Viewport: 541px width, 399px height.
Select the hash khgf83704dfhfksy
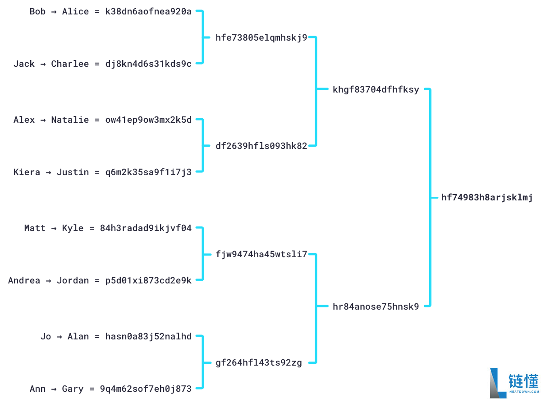376,89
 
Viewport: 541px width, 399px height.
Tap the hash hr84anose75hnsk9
376,306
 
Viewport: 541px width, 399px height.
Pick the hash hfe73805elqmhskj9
261,37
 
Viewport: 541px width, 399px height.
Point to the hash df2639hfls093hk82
261,146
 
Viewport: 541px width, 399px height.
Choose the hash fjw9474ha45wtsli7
261,255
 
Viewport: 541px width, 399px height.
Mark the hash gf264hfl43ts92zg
259,362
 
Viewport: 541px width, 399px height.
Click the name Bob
37,12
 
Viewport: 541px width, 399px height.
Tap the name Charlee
70,64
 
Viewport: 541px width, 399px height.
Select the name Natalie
70,120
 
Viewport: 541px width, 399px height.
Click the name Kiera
27,172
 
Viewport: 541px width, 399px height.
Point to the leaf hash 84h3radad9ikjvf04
146,228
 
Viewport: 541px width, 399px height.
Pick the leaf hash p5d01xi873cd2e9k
148,280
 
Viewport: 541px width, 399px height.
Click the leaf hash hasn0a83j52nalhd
148,337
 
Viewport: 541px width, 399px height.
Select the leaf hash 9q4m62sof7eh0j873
146,389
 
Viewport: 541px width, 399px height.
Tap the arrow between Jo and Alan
59,337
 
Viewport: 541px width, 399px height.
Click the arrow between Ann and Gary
54,389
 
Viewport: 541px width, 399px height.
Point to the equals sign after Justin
97,172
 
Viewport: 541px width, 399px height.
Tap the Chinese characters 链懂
523,381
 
